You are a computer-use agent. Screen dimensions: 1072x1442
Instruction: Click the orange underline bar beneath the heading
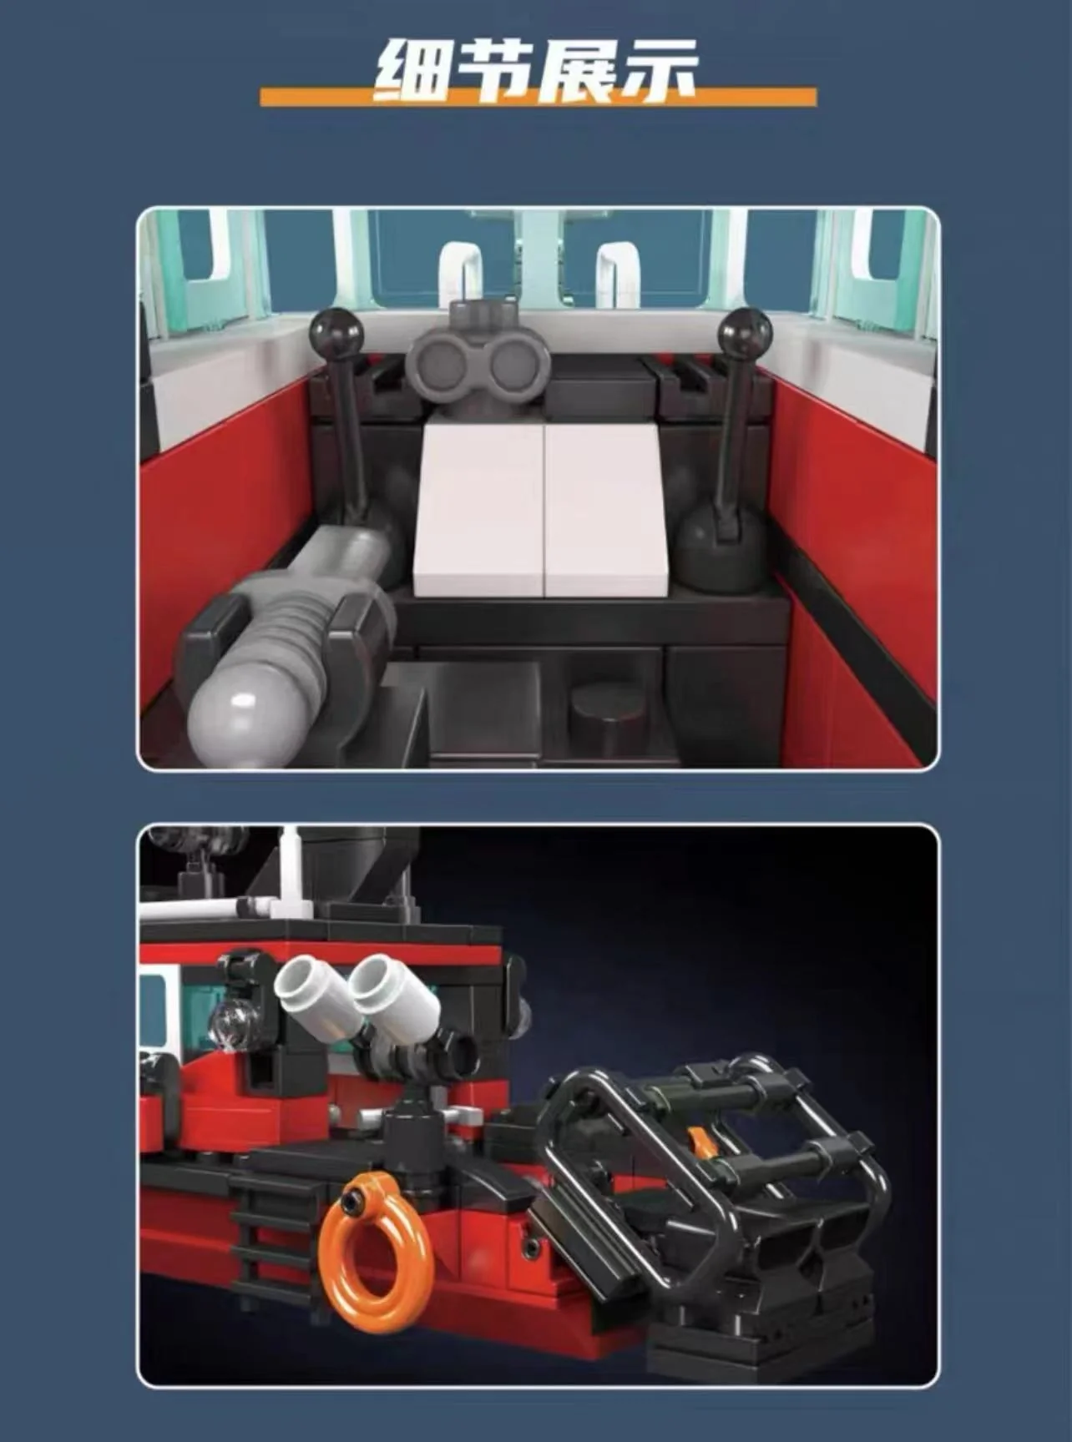(x=539, y=97)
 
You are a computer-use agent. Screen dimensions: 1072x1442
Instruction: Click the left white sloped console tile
(x=478, y=511)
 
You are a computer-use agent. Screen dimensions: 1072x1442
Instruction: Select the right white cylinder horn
(x=395, y=996)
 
